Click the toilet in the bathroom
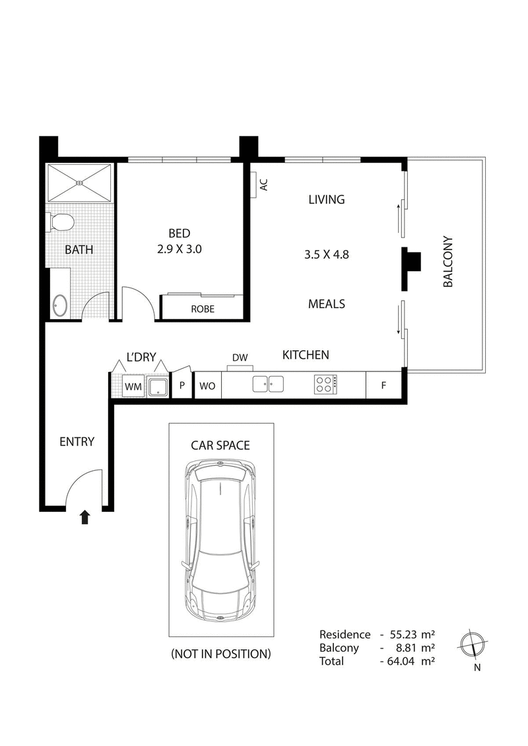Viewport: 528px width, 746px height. (61, 222)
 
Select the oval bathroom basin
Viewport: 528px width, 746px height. (59, 305)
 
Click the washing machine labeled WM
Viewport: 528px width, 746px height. (133, 387)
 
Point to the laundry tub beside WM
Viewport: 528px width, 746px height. (158, 387)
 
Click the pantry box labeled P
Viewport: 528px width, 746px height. (181, 387)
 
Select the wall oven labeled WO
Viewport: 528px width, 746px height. (207, 387)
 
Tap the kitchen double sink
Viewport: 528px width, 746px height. (267, 385)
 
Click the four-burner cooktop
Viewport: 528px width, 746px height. (325, 385)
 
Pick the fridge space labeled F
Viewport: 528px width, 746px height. (383, 386)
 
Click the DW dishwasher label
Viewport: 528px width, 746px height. (240, 358)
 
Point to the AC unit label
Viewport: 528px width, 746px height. (264, 185)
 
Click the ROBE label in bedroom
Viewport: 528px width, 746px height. (203, 309)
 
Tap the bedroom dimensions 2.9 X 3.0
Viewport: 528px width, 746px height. (179, 249)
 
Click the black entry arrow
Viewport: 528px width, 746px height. (85, 516)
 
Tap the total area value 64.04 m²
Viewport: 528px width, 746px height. (410, 660)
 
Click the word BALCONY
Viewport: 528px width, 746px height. (448, 262)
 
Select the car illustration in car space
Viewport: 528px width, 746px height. (220, 541)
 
